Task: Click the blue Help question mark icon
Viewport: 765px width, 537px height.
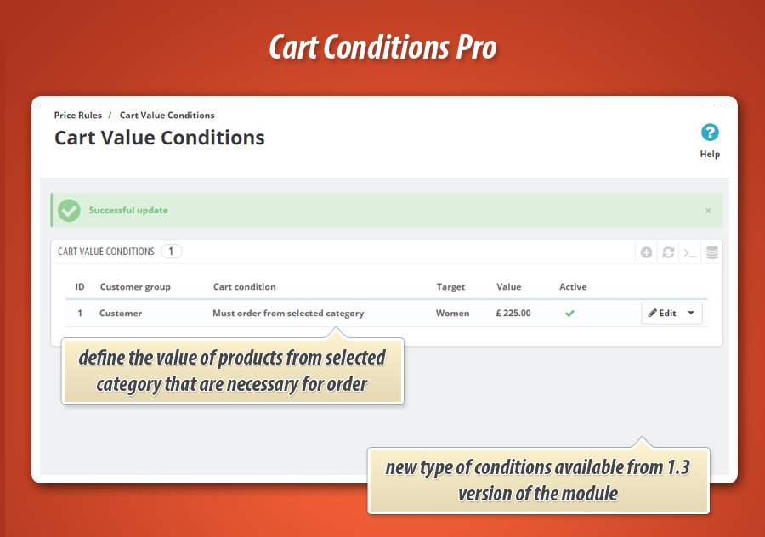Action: click(710, 133)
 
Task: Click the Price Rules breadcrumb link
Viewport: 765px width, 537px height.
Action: click(78, 115)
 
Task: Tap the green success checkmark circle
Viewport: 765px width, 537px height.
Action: click(70, 210)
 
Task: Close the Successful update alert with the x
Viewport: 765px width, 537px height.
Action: click(708, 211)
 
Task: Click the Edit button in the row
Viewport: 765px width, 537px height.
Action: click(662, 314)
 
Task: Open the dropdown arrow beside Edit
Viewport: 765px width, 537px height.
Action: click(691, 314)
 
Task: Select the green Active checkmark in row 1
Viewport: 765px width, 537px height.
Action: click(569, 314)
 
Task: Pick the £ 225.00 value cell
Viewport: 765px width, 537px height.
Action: click(513, 314)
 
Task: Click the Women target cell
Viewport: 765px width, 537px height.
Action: click(453, 314)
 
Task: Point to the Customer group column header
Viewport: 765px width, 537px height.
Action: click(135, 287)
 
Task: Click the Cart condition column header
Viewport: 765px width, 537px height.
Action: click(245, 287)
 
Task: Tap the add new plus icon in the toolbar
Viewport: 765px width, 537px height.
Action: click(647, 252)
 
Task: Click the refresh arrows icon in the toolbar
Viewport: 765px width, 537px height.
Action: click(668, 252)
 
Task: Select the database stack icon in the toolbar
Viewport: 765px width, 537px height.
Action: click(712, 252)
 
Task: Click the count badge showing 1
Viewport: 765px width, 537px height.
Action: click(171, 252)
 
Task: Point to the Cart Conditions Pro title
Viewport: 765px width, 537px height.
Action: click(383, 48)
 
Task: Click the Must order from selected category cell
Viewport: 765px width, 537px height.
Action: click(288, 314)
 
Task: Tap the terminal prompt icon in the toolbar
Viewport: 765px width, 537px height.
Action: click(690, 252)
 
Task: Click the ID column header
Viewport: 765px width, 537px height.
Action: click(80, 287)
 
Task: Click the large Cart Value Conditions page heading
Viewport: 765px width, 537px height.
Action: click(160, 138)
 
